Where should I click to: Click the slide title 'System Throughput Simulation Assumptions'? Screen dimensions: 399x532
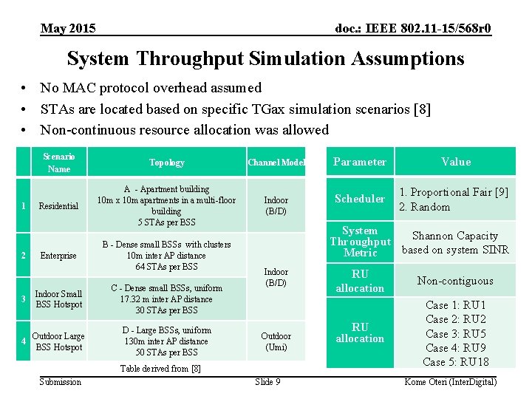point(265,58)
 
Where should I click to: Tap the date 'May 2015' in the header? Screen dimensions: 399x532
point(68,29)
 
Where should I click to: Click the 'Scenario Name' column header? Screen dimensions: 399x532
point(58,163)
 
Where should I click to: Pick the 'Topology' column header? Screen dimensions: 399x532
point(166,163)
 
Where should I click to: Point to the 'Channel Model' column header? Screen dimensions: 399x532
point(276,163)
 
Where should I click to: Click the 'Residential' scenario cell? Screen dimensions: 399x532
point(58,206)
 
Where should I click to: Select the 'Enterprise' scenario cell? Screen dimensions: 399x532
point(58,256)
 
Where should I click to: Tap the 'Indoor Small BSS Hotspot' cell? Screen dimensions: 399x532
point(58,299)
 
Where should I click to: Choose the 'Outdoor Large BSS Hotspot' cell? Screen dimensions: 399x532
point(58,341)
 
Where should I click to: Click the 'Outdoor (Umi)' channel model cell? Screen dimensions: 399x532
point(276,341)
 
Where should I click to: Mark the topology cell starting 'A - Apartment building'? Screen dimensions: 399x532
point(166,205)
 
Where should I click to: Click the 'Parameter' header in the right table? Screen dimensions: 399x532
point(360,162)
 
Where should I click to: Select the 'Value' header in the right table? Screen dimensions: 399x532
point(456,162)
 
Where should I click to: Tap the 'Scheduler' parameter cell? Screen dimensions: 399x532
point(360,199)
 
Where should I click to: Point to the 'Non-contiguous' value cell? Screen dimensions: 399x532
point(455,281)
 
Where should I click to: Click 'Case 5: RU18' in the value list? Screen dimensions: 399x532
point(456,362)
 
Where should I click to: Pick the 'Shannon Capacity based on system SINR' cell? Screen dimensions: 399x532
point(455,242)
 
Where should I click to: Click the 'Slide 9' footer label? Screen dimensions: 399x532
point(267,381)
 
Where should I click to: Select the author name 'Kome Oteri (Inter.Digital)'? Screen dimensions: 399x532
point(451,381)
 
